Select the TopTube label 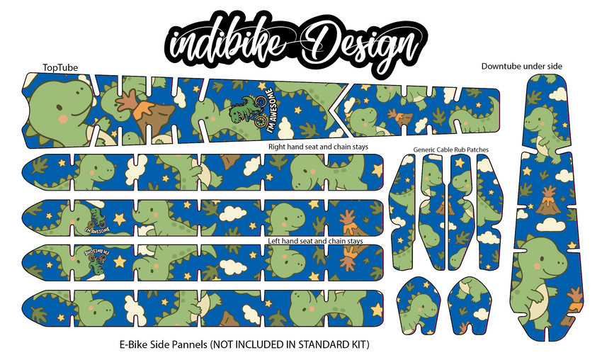[x=61, y=67]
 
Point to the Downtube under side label [x=521, y=66]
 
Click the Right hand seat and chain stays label [x=322, y=147]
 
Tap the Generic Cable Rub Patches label [x=451, y=150]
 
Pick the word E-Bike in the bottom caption [x=133, y=344]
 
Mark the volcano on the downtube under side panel [x=547, y=201]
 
